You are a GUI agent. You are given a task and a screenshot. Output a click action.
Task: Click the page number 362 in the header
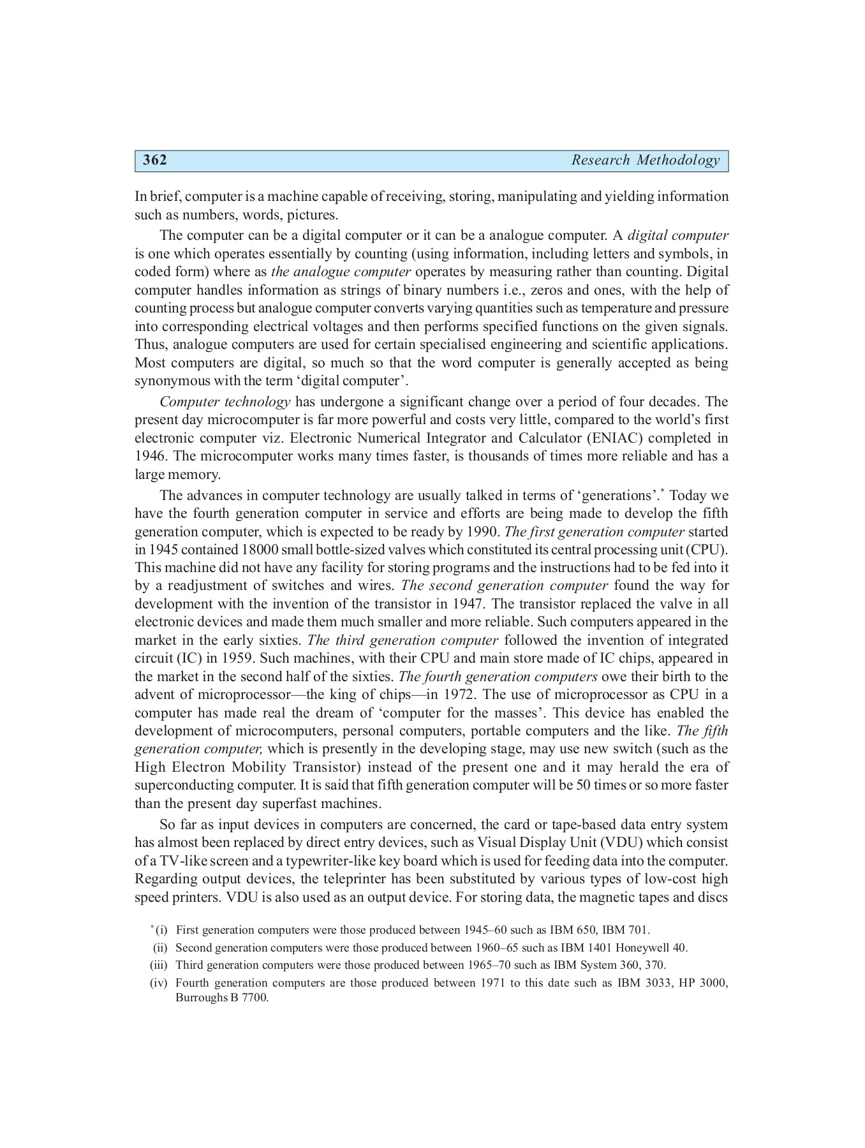point(155,160)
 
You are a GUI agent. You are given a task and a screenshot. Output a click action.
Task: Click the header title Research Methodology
point(645,160)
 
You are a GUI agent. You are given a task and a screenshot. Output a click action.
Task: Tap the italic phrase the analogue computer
point(341,272)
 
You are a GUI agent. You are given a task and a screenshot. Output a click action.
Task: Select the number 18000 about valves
point(260,550)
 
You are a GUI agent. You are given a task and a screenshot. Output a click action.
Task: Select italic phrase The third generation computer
point(403,640)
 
